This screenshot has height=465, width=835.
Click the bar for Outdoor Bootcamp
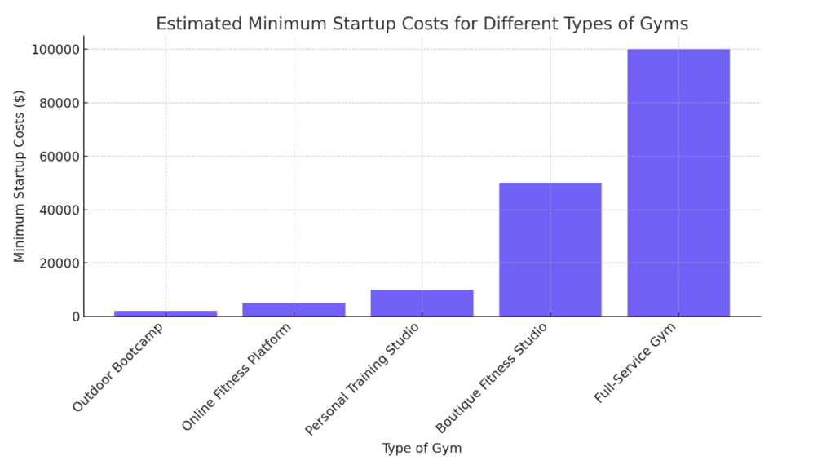[166, 313]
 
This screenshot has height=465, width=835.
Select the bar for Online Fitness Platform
[294, 310]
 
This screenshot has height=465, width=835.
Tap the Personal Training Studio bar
[422, 303]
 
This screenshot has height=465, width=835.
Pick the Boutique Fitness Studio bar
[550, 250]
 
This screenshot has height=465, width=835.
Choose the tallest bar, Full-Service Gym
[678, 183]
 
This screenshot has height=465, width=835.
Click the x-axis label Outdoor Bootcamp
[119, 367]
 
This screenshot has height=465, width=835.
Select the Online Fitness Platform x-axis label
[236, 376]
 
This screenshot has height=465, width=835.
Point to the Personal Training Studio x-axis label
[362, 379]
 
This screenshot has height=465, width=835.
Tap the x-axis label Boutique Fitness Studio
[491, 378]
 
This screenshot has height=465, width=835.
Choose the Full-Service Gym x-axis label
[635, 361]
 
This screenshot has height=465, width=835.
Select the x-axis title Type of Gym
[422, 448]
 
